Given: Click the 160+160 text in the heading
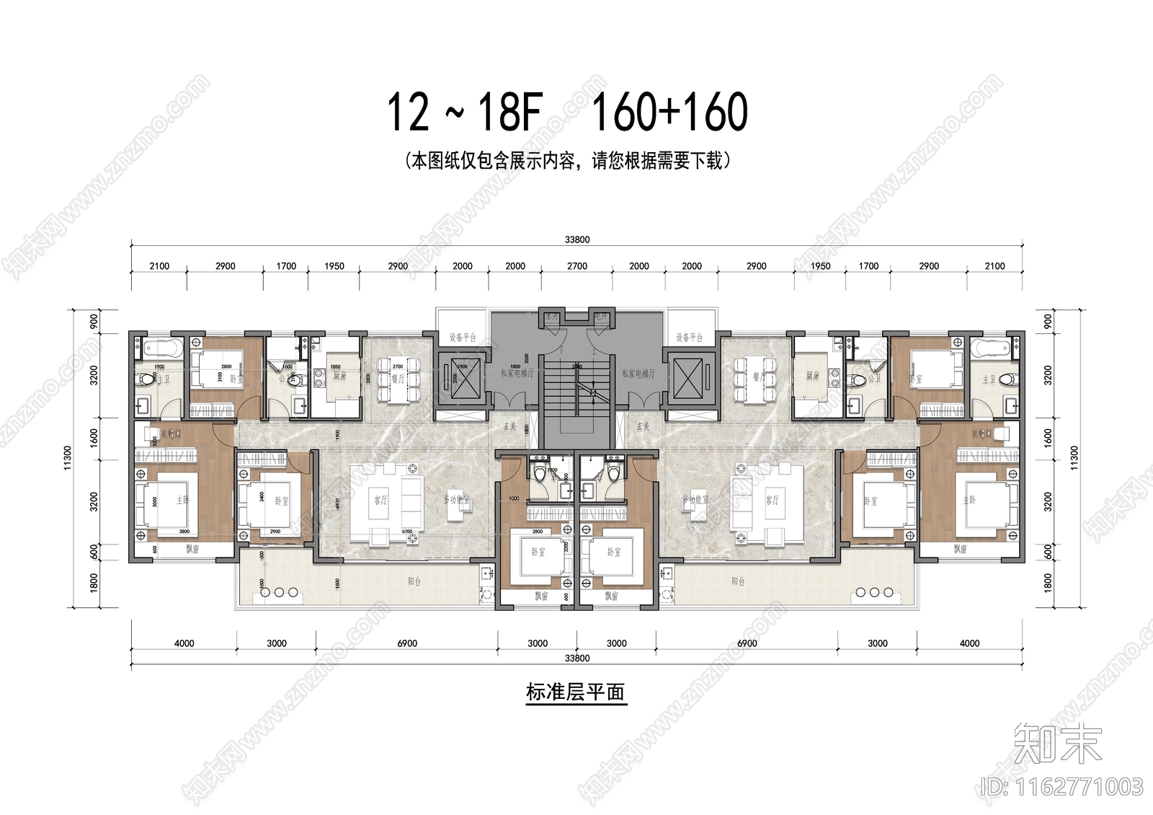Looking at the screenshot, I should tap(669, 113).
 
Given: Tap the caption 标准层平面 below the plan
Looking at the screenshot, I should tap(575, 693).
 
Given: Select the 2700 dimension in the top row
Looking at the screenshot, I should tap(577, 266).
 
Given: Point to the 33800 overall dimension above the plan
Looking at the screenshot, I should tap(577, 240).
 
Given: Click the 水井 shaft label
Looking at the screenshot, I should tap(551, 317).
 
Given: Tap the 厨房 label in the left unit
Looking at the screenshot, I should tap(339, 376).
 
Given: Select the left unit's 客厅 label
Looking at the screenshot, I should tap(380, 500).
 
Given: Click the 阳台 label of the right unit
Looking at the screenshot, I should tap(738, 581).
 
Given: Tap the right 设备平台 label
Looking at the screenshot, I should tap(690, 338).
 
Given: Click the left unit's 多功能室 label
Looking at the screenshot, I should tap(457, 500).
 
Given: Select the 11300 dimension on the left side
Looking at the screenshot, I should tap(68, 458).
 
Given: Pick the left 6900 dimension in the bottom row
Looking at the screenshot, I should tap(407, 643).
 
